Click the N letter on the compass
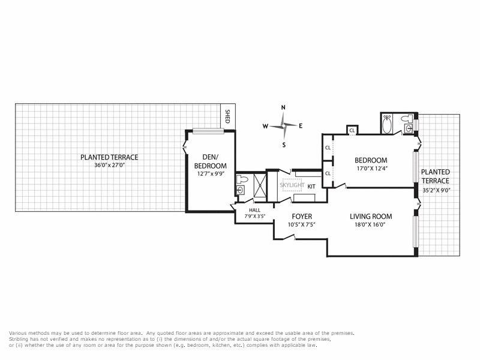[283, 107]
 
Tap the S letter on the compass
[283, 145]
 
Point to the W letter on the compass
[265, 127]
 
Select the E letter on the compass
[301, 126]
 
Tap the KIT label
[311, 187]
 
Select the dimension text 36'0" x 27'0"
[109, 166]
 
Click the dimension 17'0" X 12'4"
[371, 169]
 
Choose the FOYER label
[302, 216]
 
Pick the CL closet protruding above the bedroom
[352, 130]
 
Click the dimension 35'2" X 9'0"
[435, 190]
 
